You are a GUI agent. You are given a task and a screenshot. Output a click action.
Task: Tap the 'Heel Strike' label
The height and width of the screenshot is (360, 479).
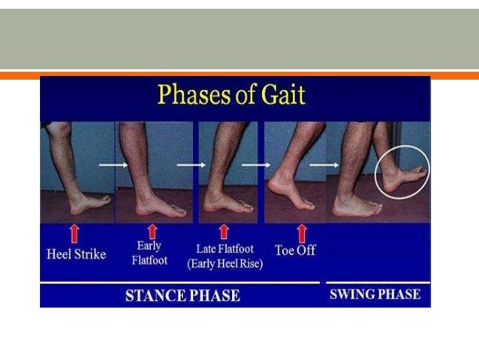75,253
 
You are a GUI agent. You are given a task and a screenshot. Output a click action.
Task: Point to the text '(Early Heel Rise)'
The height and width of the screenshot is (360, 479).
223,264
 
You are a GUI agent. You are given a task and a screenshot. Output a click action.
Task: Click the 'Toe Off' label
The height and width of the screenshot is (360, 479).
295,250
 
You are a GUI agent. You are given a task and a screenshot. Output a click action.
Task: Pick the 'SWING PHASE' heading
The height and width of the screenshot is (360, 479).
375,294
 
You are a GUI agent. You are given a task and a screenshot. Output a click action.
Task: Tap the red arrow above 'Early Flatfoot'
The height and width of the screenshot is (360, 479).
152,230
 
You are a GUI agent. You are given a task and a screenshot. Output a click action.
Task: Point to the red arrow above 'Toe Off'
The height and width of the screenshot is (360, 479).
302,231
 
